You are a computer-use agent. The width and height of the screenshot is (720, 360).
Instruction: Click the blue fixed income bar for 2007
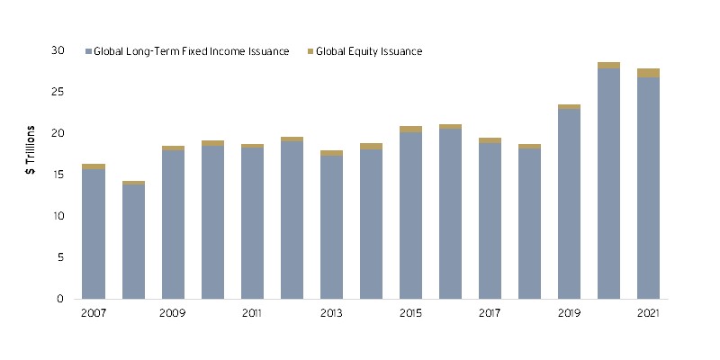pos(94,234)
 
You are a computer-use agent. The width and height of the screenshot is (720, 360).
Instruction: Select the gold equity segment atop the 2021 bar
pos(648,73)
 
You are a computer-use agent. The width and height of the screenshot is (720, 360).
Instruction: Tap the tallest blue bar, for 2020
pos(608,184)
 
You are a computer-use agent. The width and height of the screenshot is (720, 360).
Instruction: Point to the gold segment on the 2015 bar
pos(410,130)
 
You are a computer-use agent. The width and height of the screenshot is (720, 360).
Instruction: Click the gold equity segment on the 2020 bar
pos(608,66)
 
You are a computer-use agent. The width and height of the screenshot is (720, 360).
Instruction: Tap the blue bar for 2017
pos(490,220)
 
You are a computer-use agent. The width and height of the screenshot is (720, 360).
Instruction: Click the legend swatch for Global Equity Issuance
pos(309,51)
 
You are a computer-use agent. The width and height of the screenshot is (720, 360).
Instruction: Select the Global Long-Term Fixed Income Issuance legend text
pos(192,51)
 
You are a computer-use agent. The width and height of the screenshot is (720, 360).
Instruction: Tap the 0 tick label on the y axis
pos(60,299)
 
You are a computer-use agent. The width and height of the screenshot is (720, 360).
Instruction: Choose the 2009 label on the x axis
pos(173,312)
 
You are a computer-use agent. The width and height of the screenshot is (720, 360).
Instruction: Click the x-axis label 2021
pos(648,312)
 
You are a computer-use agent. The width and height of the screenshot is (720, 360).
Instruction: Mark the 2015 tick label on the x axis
pos(410,312)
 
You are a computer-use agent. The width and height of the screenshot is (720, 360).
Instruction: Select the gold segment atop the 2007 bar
pos(94,166)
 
